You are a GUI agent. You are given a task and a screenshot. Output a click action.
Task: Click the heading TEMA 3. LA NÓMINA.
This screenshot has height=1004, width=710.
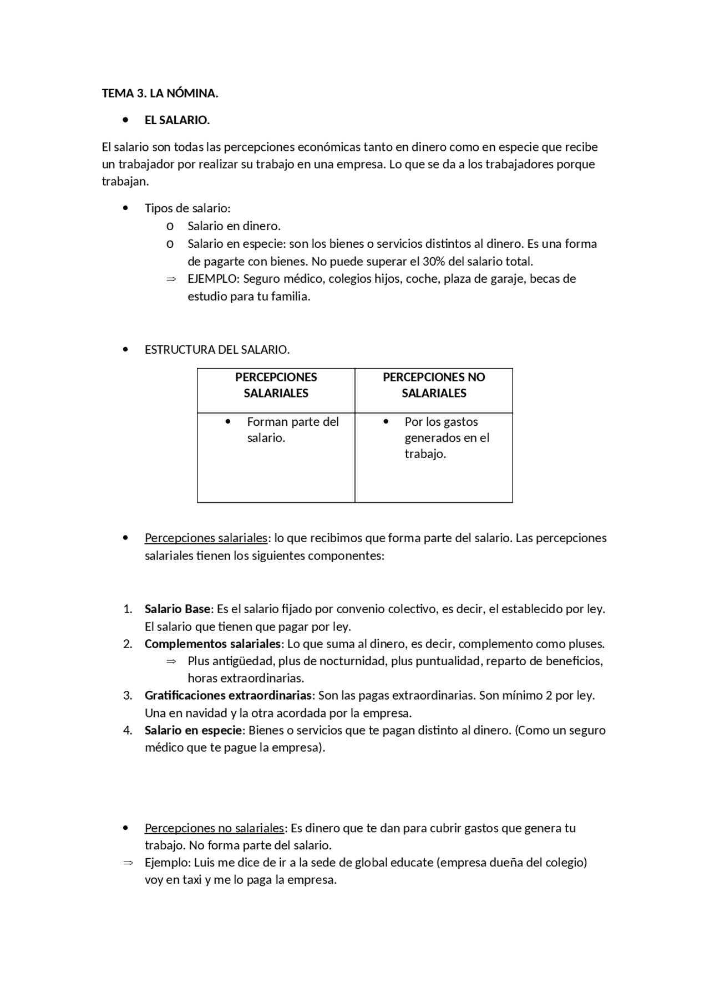160,93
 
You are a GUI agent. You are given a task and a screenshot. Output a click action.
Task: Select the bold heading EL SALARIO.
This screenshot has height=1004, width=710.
177,120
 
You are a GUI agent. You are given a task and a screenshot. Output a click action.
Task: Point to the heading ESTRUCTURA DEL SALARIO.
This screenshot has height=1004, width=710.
217,350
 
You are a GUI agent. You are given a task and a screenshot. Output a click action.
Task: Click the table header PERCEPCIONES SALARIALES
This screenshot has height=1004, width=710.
276,385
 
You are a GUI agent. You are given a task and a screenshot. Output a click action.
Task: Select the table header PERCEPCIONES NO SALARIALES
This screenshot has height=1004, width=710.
434,385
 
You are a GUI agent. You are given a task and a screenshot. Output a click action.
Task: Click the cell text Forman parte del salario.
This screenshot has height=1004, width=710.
292,430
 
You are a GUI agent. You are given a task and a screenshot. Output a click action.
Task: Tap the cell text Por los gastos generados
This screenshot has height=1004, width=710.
447,437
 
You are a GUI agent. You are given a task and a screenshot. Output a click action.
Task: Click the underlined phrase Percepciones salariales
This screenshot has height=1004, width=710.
206,538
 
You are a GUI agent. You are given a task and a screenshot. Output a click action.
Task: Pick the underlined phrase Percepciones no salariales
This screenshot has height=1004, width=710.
214,828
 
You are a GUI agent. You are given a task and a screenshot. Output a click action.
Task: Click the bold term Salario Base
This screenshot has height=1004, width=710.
177,609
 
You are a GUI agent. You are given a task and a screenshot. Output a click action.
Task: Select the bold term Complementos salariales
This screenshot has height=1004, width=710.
213,644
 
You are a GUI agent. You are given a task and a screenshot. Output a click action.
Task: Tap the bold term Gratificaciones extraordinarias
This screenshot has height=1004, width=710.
228,695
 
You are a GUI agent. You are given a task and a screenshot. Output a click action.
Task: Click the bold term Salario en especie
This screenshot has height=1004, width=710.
193,730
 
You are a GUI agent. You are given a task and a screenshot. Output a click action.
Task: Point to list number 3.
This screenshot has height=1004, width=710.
128,695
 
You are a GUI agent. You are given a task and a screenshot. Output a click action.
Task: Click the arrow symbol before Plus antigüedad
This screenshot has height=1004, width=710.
171,661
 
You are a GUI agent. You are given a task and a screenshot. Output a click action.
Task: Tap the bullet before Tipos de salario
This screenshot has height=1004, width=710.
126,208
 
